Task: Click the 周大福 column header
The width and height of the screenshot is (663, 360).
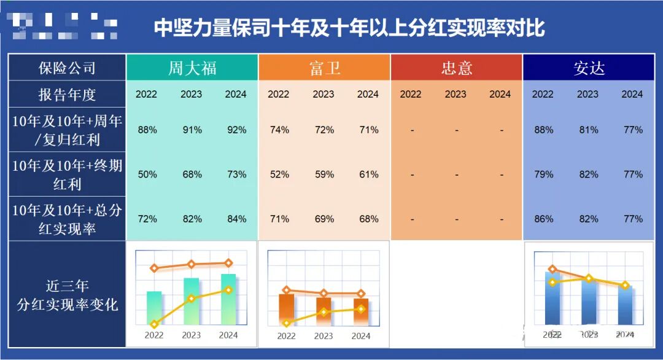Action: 192,68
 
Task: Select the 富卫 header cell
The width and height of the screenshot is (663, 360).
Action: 324,68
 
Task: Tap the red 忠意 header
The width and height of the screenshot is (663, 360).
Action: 456,68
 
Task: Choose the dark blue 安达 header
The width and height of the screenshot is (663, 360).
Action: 589,68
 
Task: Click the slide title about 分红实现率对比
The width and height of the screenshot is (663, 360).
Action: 349,28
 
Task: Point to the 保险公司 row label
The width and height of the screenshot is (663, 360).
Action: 67,68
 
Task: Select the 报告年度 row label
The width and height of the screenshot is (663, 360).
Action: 67,95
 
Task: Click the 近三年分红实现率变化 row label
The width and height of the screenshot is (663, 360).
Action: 67,295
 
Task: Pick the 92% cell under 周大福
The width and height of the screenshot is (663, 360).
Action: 236,130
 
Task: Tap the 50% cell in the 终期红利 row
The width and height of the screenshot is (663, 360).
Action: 147,174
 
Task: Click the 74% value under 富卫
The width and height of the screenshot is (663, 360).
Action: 279,130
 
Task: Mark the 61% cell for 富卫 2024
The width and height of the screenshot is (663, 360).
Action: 368,174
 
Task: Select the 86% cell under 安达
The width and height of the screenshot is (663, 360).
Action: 543,219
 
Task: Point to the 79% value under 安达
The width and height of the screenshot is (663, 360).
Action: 543,174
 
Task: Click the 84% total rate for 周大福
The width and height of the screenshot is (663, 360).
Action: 236,219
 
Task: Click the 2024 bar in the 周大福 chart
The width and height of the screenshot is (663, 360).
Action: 228,300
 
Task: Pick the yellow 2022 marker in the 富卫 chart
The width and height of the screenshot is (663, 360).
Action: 286,323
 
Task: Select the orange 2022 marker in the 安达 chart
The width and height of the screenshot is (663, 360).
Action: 553,269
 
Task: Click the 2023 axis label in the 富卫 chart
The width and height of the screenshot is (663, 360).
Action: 324,336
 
